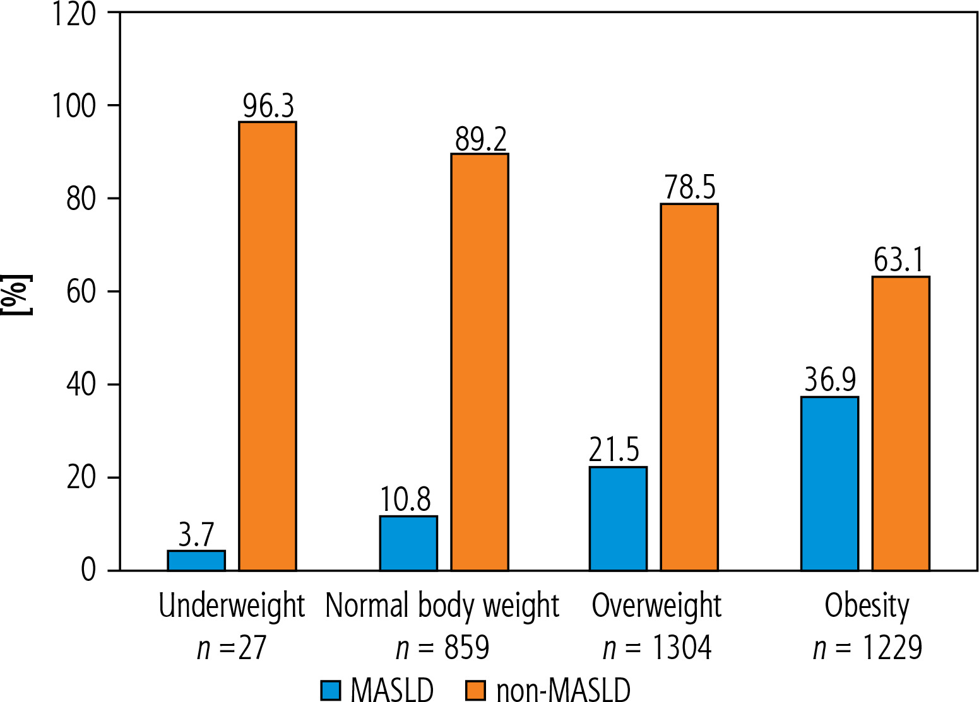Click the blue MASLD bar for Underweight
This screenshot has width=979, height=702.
[196, 561]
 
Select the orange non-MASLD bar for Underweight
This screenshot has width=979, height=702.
[268, 346]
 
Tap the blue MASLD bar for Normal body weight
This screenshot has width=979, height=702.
[408, 544]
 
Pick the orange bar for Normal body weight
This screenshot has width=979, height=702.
[480, 362]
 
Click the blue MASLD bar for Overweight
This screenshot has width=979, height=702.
[618, 518]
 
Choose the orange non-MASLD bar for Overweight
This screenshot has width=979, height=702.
[689, 387]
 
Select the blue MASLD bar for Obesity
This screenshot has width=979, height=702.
[829, 483]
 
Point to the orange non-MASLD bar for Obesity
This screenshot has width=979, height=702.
[901, 423]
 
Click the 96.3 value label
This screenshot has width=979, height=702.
[268, 106]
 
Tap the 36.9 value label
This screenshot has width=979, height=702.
[830, 380]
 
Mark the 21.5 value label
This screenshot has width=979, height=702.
[614, 450]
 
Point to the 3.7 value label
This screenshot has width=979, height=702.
[196, 535]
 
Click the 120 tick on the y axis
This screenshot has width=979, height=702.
[74, 13]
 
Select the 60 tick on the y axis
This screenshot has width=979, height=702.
[81, 291]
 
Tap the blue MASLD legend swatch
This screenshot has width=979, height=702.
[330, 690]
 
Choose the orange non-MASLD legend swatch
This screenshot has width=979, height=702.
[475, 690]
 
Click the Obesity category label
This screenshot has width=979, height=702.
[867, 606]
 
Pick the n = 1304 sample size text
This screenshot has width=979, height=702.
[657, 648]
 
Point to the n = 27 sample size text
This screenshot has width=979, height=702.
[232, 648]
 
